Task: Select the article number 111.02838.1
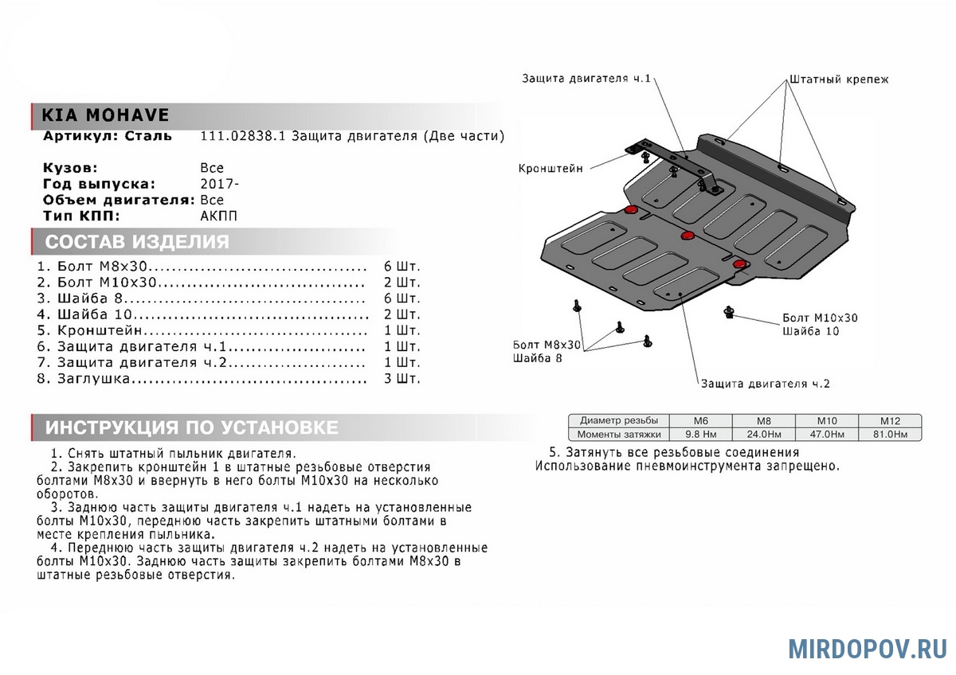click(x=242, y=136)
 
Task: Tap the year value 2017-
click(x=219, y=184)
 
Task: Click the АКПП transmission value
click(x=218, y=216)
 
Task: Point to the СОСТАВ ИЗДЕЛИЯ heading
click(x=137, y=242)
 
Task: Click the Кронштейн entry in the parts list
click(x=100, y=330)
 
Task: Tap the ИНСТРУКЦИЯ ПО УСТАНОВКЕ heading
click(x=191, y=427)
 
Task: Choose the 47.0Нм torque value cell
click(x=826, y=435)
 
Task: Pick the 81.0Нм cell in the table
click(x=889, y=435)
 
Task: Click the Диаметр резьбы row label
click(x=619, y=420)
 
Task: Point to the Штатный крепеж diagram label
click(x=838, y=80)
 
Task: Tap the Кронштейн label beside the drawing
click(x=550, y=169)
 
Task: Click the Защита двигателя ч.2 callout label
click(x=765, y=384)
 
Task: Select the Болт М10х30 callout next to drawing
click(x=820, y=318)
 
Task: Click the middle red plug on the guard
click(x=688, y=235)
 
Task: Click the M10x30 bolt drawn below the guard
click(x=729, y=312)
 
